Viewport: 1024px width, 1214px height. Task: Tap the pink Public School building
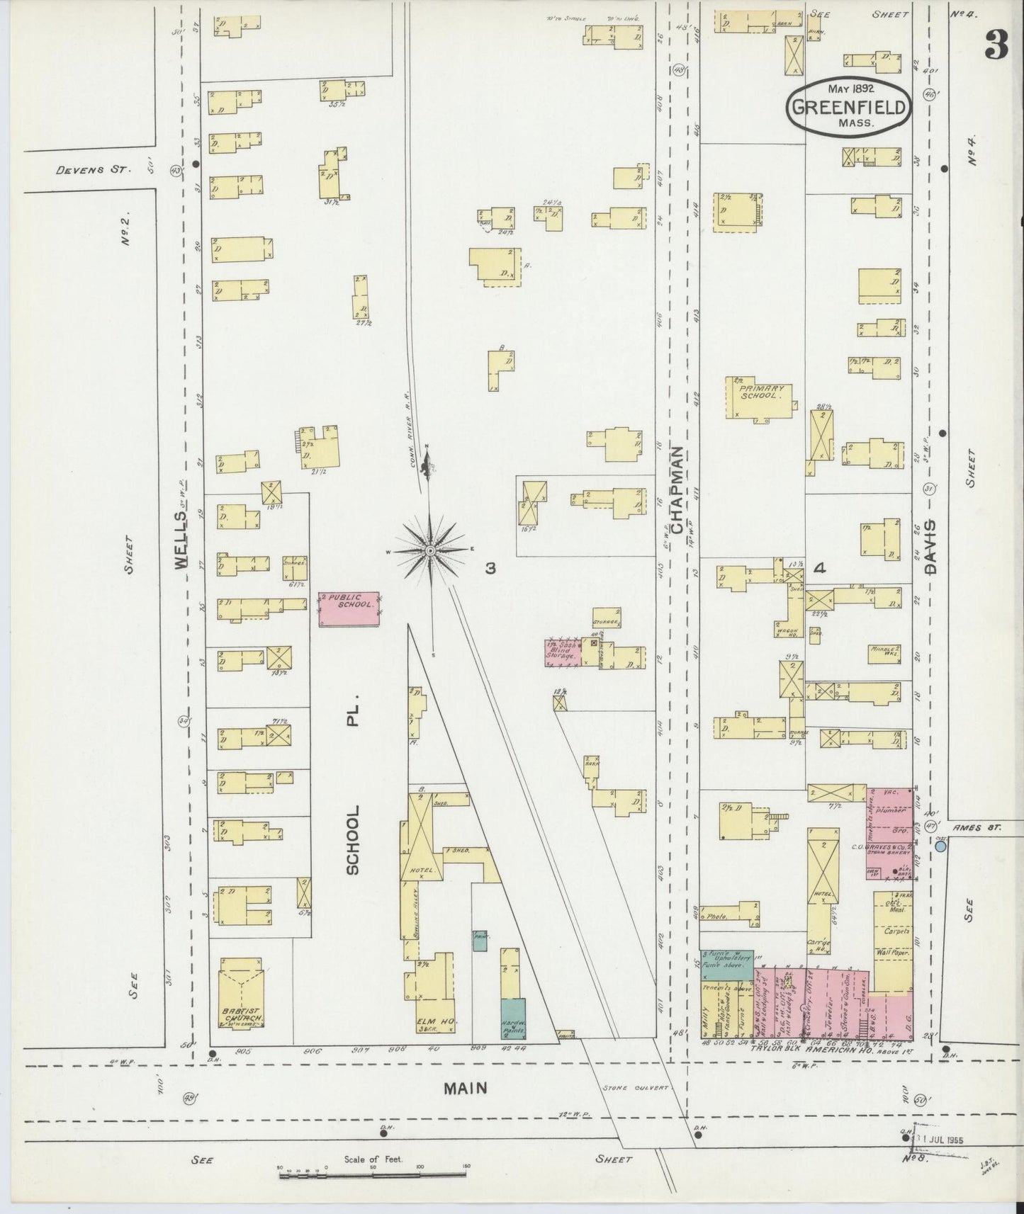coord(348,608)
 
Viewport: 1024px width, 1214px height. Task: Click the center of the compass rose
coord(430,550)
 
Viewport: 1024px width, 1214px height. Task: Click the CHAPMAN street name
coord(677,490)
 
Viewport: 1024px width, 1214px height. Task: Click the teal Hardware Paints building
coord(513,1019)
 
